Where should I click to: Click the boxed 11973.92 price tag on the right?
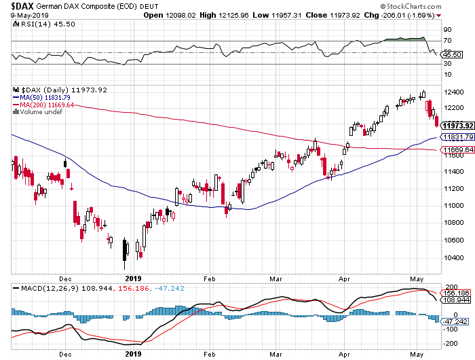click(455, 126)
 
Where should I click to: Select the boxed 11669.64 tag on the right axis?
click(455, 149)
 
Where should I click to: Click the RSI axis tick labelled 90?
click(447, 30)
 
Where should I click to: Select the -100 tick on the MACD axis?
click(450, 328)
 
